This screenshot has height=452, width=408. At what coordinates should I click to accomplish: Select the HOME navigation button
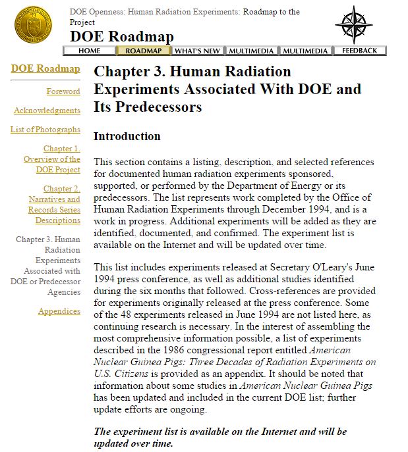(89, 51)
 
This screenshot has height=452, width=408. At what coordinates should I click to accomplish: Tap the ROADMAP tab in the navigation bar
(144, 51)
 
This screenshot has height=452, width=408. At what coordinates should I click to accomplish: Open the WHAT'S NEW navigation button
(197, 51)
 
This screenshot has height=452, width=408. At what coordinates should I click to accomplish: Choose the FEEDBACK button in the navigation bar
(359, 51)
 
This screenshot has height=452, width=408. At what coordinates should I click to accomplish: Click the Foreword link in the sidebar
(63, 91)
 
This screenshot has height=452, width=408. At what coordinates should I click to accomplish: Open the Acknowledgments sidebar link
(47, 111)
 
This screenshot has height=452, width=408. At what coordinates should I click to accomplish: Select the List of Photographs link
(45, 130)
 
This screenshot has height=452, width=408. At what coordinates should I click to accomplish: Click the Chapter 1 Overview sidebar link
(53, 159)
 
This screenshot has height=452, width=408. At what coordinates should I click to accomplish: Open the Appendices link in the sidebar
(59, 311)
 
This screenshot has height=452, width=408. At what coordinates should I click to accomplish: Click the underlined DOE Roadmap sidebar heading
(45, 68)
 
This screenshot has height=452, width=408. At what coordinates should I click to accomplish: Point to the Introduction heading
(127, 136)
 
